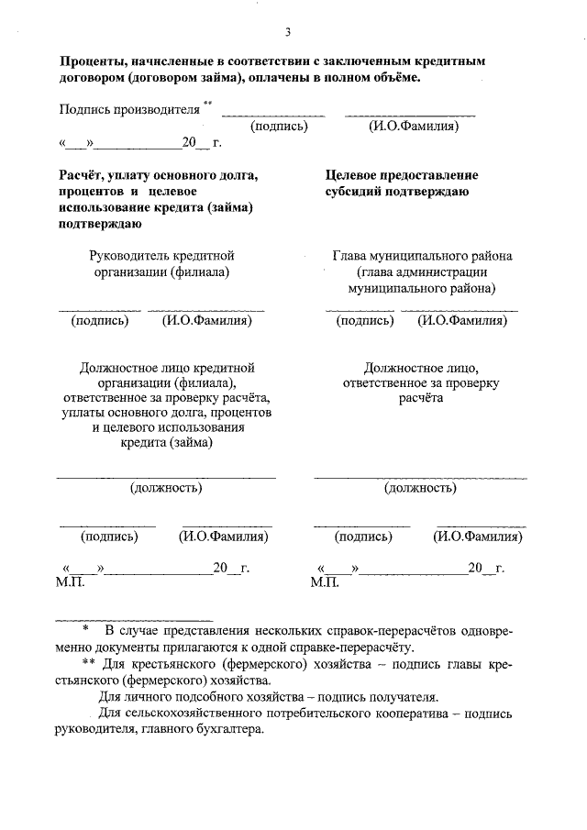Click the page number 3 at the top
(x=287, y=33)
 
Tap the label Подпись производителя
(x=128, y=109)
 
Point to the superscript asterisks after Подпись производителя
(x=208, y=104)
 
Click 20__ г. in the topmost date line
(x=202, y=143)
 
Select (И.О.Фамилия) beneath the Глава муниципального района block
(x=462, y=321)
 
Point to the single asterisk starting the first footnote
(x=85, y=629)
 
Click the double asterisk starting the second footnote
(x=88, y=663)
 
